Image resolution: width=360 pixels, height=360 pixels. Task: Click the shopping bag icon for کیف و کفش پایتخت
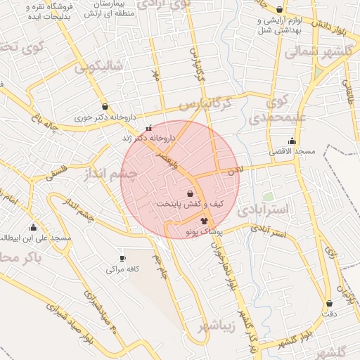click(191, 193)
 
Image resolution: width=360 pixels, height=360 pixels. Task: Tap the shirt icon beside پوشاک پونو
click(205, 221)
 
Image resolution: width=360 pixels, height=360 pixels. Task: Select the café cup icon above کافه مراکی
click(124, 259)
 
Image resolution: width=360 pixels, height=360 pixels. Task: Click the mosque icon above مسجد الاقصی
click(292, 141)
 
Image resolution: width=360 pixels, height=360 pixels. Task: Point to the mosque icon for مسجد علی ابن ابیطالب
click(33, 227)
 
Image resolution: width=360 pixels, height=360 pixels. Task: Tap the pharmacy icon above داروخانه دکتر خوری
click(105, 107)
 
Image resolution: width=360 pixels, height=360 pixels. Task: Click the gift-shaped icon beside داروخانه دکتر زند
click(148, 129)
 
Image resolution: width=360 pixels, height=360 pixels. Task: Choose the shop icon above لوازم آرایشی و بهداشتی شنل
click(281, 10)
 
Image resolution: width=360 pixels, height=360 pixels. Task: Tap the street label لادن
click(235, 170)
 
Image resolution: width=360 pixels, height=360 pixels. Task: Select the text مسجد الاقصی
click(288, 151)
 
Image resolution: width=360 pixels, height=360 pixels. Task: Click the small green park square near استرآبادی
click(268, 198)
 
